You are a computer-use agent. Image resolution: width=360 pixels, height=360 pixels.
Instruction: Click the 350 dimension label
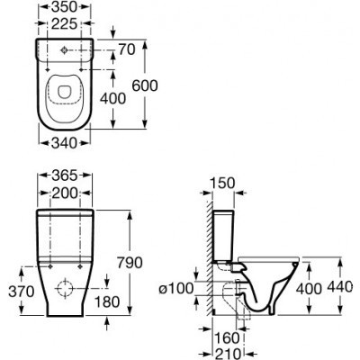pyautogui.click(x=65, y=7)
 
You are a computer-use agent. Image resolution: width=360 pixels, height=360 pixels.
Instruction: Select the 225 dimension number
pyautogui.click(x=65, y=24)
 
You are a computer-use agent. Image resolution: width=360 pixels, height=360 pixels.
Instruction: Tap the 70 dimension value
pyautogui.click(x=127, y=49)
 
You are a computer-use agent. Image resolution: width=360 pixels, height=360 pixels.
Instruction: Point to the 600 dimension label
pyautogui.click(x=145, y=86)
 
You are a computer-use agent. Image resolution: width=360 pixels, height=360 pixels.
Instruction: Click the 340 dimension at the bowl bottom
pyautogui.click(x=64, y=143)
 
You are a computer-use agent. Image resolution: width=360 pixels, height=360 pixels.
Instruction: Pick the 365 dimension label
pyautogui.click(x=65, y=175)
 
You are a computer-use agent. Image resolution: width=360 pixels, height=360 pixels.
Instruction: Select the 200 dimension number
pyautogui.click(x=65, y=193)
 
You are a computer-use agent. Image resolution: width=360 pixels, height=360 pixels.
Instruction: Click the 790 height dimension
pyautogui.click(x=130, y=263)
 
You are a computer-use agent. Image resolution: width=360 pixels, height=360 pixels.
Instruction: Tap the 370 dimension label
pyautogui.click(x=22, y=292)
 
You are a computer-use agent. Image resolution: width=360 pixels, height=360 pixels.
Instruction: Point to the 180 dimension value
pyautogui.click(x=107, y=301)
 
